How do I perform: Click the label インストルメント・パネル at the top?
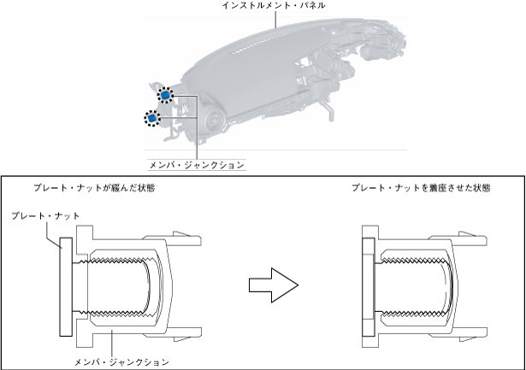[x=275, y=6]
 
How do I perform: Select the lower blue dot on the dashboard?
[x=152, y=118]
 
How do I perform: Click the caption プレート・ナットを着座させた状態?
[x=409, y=186]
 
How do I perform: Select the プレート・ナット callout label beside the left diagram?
[x=46, y=216]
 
